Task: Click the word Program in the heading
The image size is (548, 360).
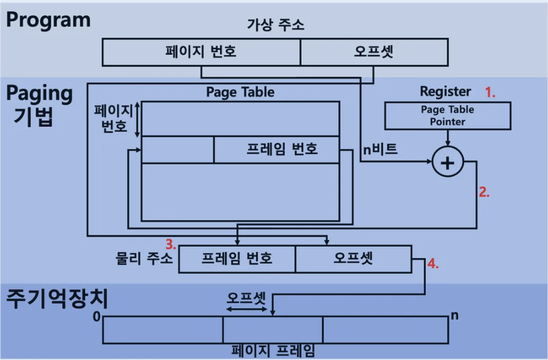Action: tap(49, 19)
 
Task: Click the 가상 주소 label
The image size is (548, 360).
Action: tap(275, 25)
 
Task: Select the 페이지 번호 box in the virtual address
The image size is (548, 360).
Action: tap(201, 52)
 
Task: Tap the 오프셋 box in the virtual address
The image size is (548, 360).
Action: tap(374, 52)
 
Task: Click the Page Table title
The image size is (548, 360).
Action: tap(240, 92)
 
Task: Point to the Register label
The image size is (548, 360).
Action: tap(445, 92)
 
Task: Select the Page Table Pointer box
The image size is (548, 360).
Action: tap(447, 115)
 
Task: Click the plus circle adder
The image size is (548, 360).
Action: tap(448, 163)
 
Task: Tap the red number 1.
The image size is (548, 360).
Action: tap(491, 92)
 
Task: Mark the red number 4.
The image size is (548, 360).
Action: tap(433, 263)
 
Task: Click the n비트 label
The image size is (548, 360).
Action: tap(380, 149)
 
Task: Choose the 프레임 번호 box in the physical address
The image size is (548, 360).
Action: tap(237, 259)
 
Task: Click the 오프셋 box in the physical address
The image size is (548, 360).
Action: tap(353, 259)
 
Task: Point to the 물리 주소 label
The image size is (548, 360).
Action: tap(144, 259)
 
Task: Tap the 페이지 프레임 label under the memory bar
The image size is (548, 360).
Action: tap(273, 351)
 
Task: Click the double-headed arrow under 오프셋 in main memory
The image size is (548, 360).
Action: tap(246, 309)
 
